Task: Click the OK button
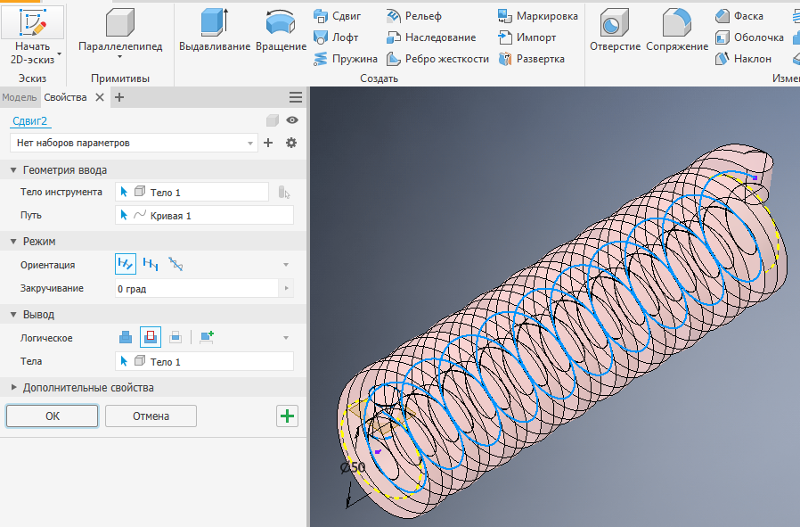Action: (x=52, y=416)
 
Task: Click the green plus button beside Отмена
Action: (x=287, y=416)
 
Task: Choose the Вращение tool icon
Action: (x=281, y=23)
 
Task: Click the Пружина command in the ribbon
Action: (x=346, y=59)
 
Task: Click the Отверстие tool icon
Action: (x=615, y=23)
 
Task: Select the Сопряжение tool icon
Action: (x=677, y=23)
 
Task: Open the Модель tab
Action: (x=19, y=97)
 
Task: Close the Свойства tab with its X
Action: (x=100, y=97)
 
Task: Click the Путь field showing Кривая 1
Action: (x=204, y=215)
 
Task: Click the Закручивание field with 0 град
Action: (x=196, y=289)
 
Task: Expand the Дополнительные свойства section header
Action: (x=87, y=388)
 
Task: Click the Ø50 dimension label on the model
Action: (x=353, y=467)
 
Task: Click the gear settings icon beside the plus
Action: (x=290, y=143)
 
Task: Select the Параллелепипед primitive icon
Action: (x=119, y=23)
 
